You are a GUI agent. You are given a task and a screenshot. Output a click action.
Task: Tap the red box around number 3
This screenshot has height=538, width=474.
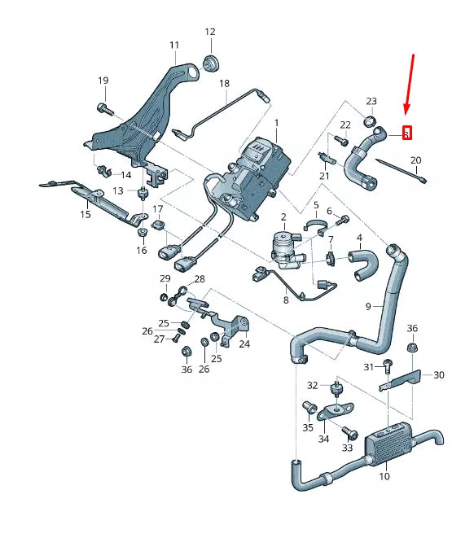tap(407, 133)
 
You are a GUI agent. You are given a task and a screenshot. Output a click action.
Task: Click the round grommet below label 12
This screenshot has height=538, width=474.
tap(211, 62)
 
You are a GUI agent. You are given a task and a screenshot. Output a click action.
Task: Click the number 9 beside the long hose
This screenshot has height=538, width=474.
tap(368, 306)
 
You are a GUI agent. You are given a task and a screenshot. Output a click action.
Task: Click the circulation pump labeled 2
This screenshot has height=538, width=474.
tap(287, 244)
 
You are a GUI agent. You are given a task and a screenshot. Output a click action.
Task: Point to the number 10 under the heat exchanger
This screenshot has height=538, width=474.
tap(384, 476)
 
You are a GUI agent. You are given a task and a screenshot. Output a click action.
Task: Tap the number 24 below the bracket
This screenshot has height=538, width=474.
tap(244, 343)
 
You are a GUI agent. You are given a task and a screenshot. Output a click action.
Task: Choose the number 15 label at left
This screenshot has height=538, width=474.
tap(85, 215)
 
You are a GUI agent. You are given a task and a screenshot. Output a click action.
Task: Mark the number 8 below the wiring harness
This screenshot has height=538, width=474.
tap(285, 300)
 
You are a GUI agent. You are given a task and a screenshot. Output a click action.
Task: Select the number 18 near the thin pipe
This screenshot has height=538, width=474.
tap(224, 83)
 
